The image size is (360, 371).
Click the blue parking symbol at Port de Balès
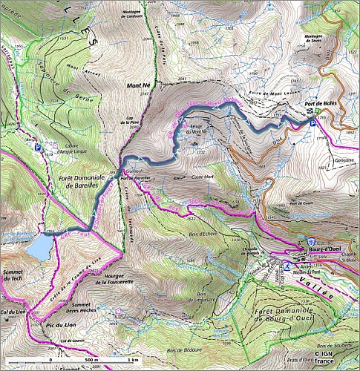click(311, 123)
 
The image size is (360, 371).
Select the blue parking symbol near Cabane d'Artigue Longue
click(38, 147)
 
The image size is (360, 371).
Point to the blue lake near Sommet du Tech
click(38, 247)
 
